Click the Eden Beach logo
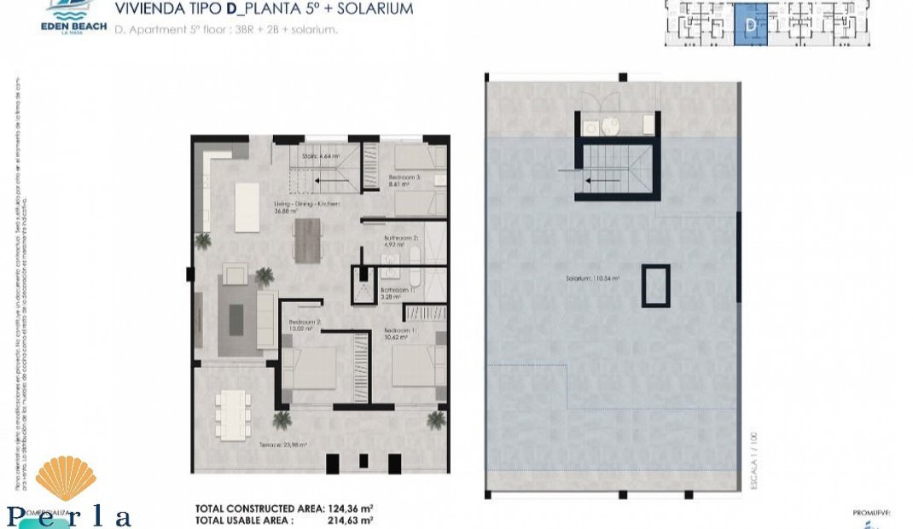click(x=73, y=16)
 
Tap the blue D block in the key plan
click(x=751, y=25)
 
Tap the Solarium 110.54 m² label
click(x=591, y=278)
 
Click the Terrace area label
click(x=282, y=445)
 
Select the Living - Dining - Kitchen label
click(x=307, y=207)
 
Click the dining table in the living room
click(x=307, y=240)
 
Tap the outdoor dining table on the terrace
click(x=232, y=415)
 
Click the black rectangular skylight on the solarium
click(x=655, y=285)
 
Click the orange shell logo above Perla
click(x=65, y=479)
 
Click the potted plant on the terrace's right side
click(x=436, y=419)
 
